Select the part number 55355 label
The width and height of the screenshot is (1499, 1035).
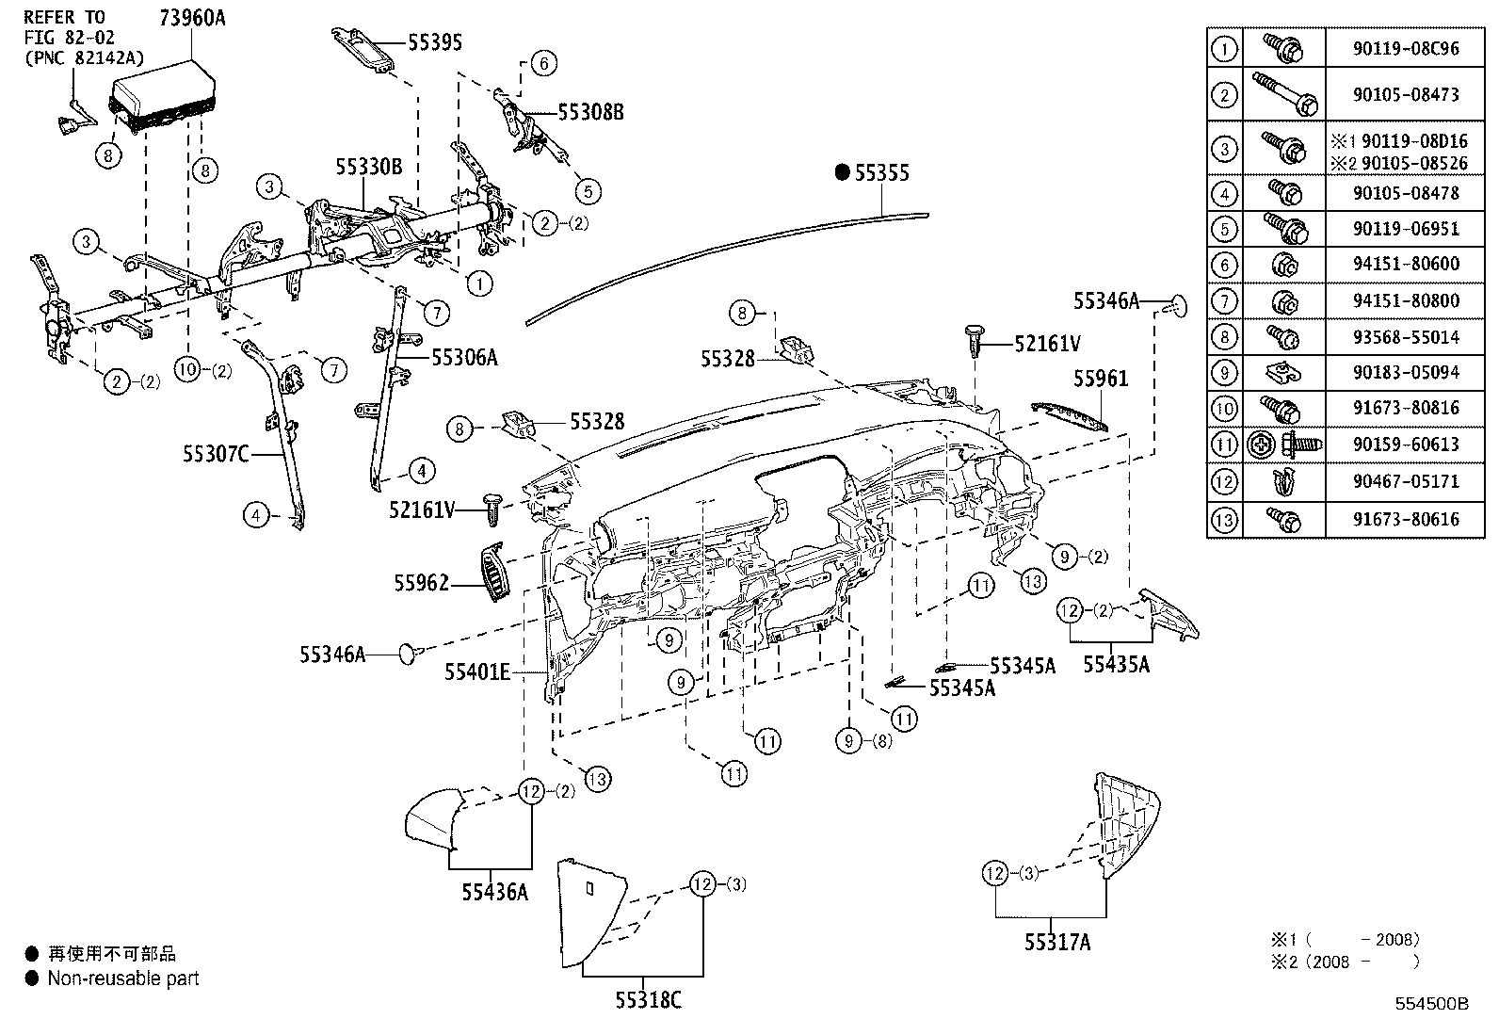point(882,172)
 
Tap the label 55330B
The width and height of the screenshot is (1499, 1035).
point(368,168)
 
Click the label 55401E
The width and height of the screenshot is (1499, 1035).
point(476,671)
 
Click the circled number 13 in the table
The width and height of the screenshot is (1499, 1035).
point(1223,519)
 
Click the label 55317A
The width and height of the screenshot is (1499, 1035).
point(1057,941)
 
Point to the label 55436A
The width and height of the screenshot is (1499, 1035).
point(494,891)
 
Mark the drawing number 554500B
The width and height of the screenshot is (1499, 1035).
point(1431,1004)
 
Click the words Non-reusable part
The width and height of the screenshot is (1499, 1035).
point(123,978)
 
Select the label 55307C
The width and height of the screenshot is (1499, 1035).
point(215,455)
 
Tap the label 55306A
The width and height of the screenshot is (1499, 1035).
point(464,357)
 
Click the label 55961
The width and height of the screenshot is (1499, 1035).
point(1101,379)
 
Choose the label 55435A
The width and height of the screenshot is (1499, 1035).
point(1116,665)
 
